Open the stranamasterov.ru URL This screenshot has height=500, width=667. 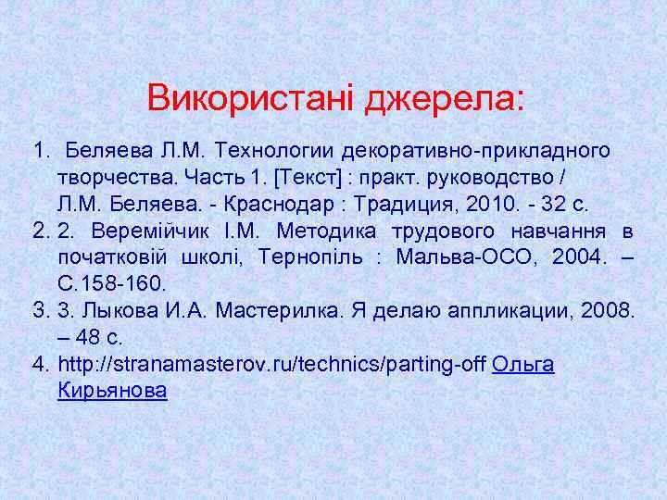click(x=271, y=365)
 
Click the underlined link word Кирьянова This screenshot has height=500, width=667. click(x=112, y=391)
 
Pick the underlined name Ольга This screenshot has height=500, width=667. click(x=523, y=365)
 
